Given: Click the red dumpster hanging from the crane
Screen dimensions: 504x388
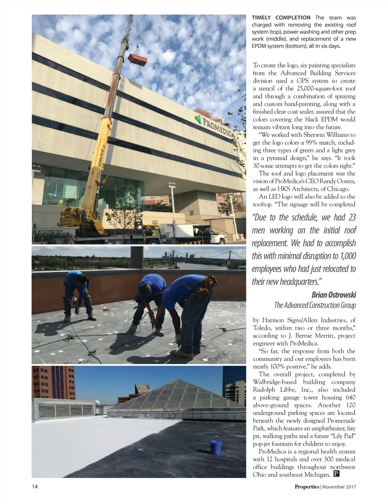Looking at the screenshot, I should pyautogui.click(x=137, y=59).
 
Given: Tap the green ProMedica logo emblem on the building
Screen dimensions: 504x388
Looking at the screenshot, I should pyautogui.click(x=197, y=119).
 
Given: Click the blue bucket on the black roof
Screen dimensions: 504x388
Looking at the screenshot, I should pyautogui.click(x=215, y=446).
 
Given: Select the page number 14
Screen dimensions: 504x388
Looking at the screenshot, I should pyautogui.click(x=35, y=487).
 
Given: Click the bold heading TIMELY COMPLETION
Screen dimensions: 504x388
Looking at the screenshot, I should pyautogui.click(x=281, y=18).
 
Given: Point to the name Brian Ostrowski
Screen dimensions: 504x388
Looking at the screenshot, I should pyautogui.click(x=334, y=295).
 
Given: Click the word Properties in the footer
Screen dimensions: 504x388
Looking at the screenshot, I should pyautogui.click(x=307, y=487).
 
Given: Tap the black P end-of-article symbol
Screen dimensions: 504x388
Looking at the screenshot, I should pyautogui.click(x=336, y=474).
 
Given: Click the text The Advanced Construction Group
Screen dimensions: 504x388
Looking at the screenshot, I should pyautogui.click(x=315, y=305).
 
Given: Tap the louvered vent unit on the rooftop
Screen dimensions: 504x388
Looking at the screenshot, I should pyautogui.click(x=65, y=410).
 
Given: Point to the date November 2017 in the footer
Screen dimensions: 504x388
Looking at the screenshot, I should pyautogui.click(x=339, y=487).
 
